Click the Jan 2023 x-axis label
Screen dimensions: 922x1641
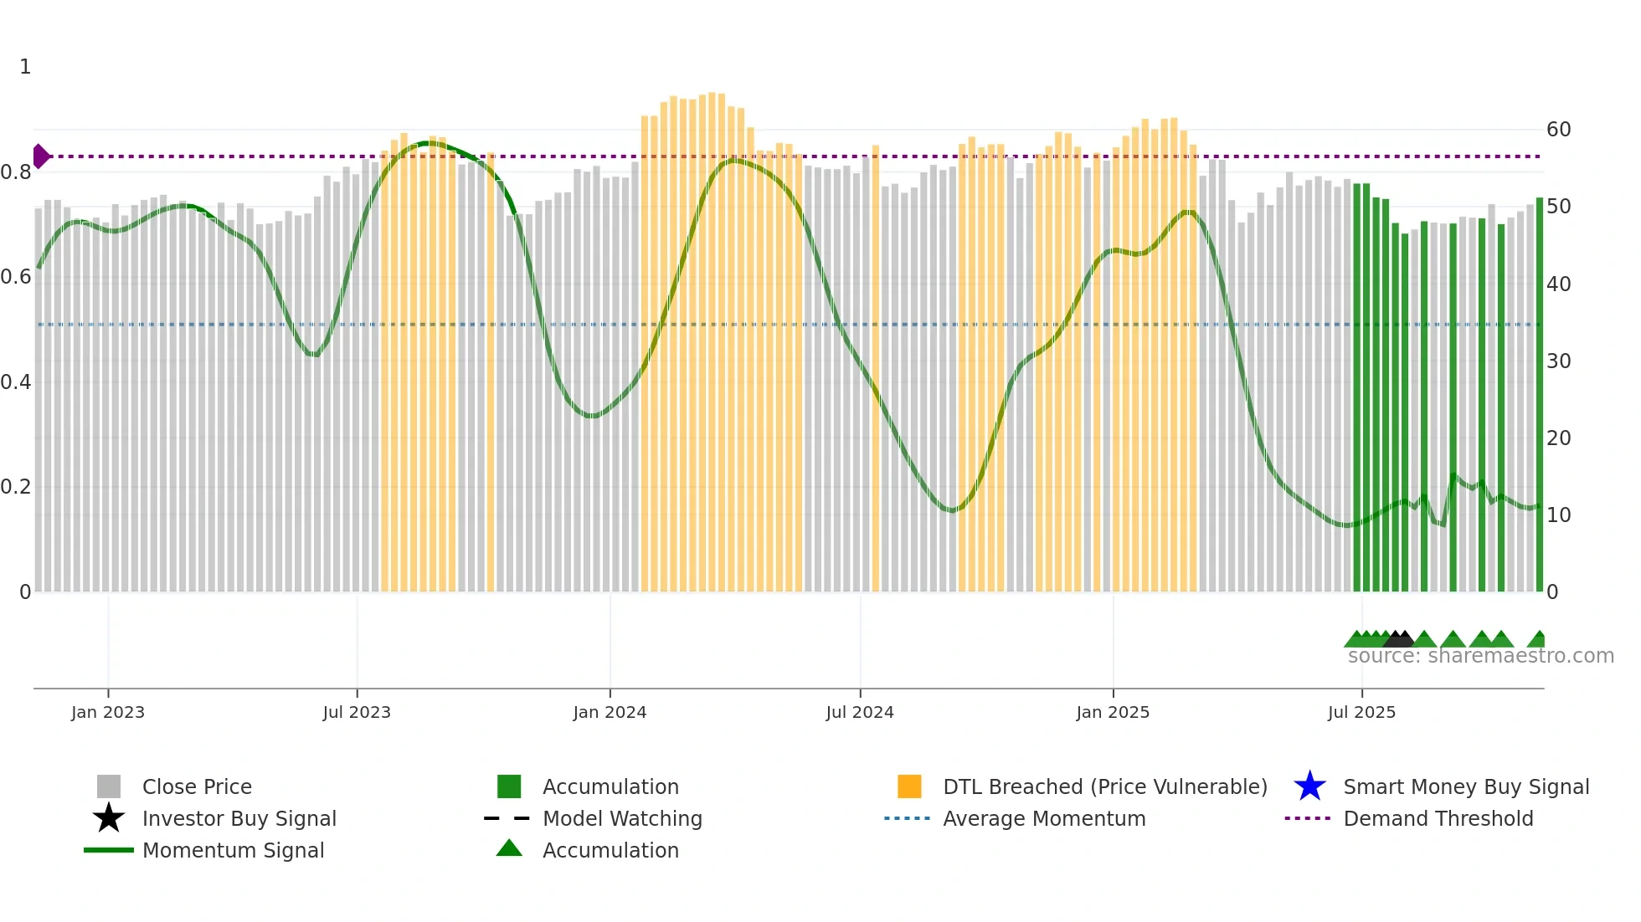(x=108, y=712)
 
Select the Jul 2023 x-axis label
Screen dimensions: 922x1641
(x=357, y=712)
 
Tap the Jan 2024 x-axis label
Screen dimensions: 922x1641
(x=610, y=712)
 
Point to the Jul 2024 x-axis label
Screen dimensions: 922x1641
(x=860, y=712)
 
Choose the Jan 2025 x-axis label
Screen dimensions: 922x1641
(x=1113, y=712)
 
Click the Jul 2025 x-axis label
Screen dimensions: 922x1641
(x=1361, y=712)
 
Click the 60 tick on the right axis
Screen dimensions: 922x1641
(x=1559, y=130)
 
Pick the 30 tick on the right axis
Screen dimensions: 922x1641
(x=1559, y=361)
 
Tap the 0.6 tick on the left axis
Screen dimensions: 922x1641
(x=16, y=277)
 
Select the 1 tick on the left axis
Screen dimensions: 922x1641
(x=25, y=67)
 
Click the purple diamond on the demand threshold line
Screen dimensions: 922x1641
(x=41, y=156)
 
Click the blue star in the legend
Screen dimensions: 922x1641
(x=1309, y=786)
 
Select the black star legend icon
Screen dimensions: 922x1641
(x=109, y=818)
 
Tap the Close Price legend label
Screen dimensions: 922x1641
(x=197, y=786)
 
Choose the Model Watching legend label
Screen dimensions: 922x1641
(x=622, y=818)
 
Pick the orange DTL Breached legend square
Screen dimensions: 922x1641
(x=909, y=786)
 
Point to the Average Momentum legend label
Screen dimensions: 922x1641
(x=1044, y=818)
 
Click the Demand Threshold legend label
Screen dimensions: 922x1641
(x=1438, y=818)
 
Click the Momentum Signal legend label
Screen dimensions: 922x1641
(x=233, y=850)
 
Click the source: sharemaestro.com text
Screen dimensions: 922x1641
(x=1480, y=656)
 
